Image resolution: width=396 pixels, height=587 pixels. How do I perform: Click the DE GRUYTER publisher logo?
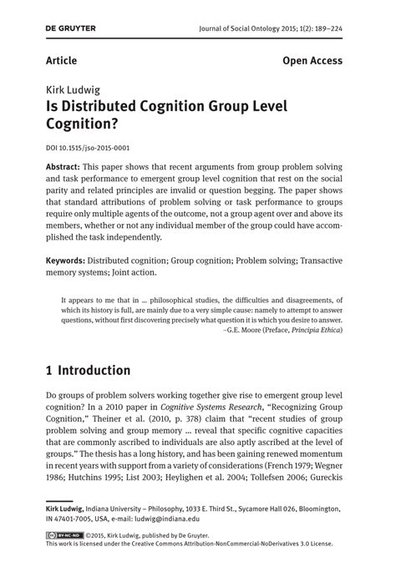pos(71,28)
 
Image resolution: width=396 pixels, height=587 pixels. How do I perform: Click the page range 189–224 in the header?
pos(323,29)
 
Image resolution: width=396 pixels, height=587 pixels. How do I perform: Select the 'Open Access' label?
pos(312,61)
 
